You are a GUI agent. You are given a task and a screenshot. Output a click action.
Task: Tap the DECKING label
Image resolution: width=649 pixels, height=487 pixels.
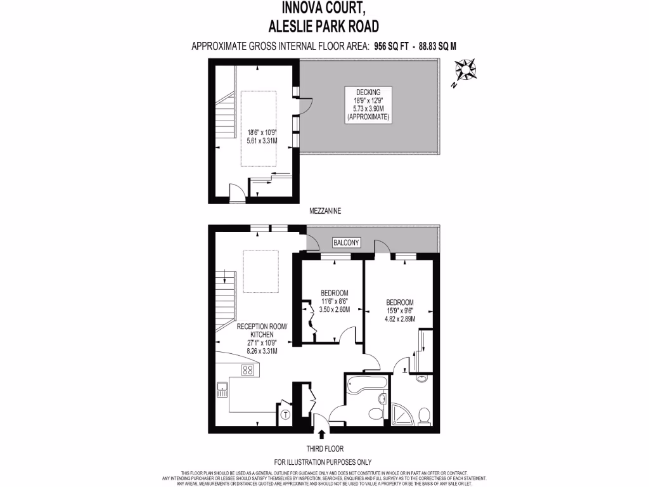point(368,92)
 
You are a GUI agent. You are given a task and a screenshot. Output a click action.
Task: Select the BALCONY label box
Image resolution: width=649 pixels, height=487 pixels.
point(346,242)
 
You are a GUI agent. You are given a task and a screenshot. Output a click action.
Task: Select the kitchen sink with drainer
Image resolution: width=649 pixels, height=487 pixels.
point(222,389)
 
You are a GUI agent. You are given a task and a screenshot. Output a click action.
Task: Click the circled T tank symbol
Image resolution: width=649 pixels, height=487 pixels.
point(285,415)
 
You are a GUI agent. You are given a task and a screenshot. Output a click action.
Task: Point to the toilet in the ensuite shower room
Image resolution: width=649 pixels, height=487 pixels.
point(424,416)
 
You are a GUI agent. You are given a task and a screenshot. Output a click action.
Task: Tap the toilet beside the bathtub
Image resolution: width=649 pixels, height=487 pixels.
point(376,414)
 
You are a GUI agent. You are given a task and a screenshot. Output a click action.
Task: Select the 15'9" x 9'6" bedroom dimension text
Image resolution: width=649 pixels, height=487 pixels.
point(400,311)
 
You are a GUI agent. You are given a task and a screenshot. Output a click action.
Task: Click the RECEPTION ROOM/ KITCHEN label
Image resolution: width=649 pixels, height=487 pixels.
point(261,330)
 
